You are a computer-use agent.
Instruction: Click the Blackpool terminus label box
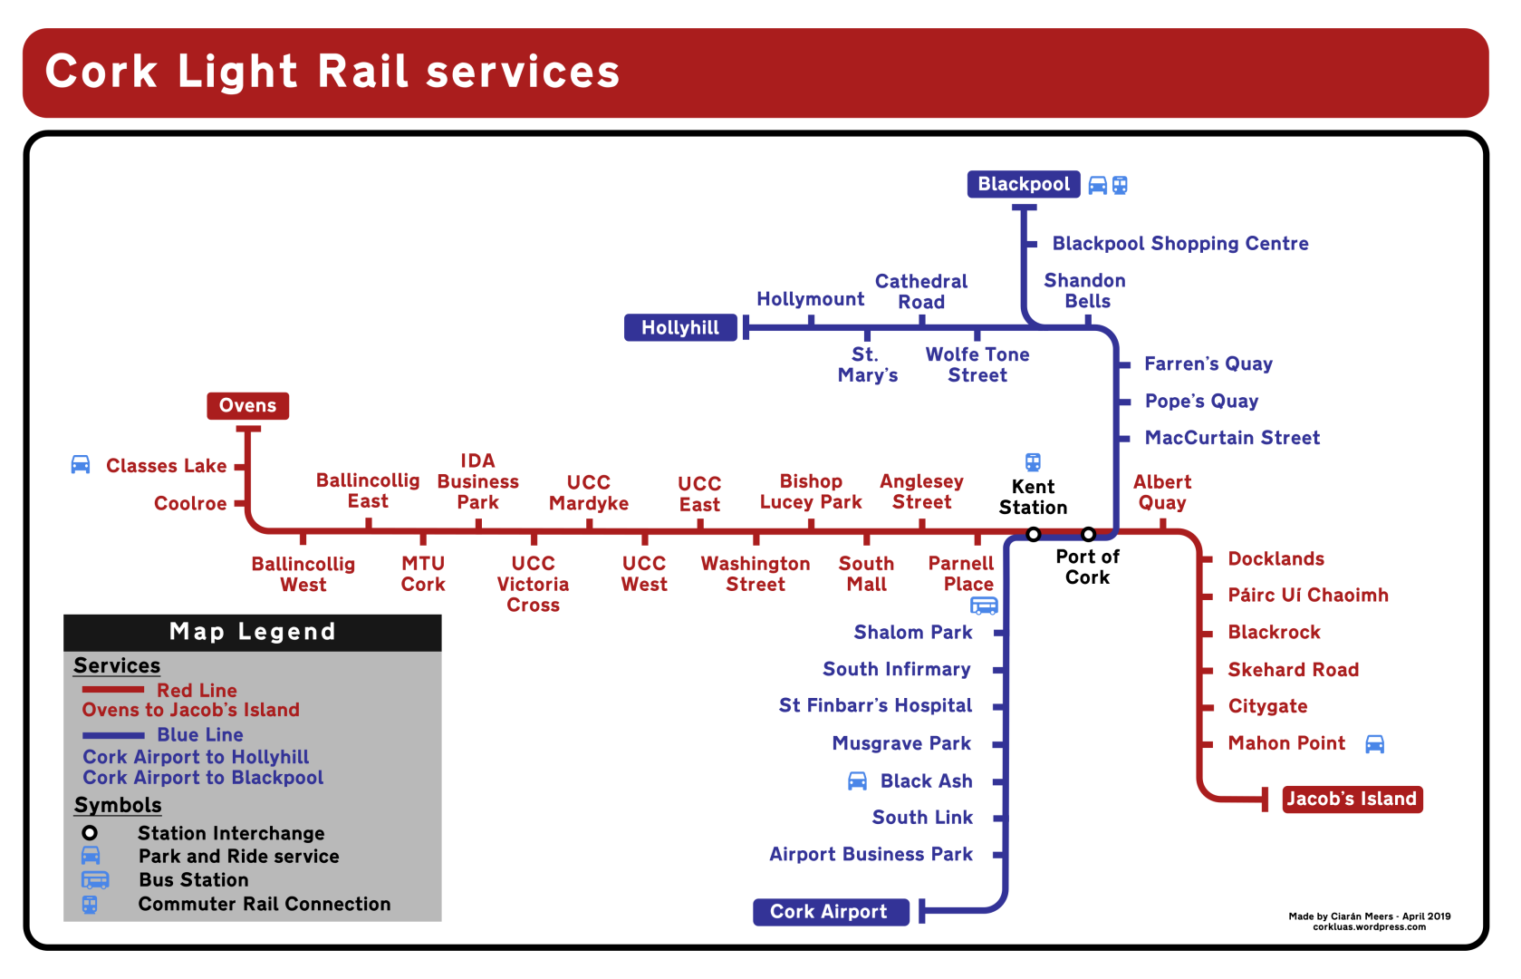(x=1023, y=184)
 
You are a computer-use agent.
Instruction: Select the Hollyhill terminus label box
(x=679, y=327)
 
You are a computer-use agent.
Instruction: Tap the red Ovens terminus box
(x=247, y=405)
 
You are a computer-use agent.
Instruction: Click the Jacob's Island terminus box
(x=1351, y=799)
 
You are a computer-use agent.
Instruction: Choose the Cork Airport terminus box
(x=829, y=912)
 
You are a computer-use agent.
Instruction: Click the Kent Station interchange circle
(x=1033, y=534)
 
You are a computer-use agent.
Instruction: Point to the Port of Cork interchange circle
(x=1088, y=534)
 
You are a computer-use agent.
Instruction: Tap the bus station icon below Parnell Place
(x=984, y=606)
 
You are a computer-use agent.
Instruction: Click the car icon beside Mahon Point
(x=1374, y=744)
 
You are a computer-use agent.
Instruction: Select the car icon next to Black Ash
(x=857, y=781)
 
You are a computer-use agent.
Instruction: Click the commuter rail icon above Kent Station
(x=1033, y=461)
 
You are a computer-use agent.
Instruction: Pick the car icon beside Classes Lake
(x=81, y=465)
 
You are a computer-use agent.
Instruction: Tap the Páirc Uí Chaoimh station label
(x=1307, y=596)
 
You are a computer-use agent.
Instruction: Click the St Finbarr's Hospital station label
(x=875, y=705)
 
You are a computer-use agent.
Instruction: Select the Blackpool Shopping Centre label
(x=1179, y=243)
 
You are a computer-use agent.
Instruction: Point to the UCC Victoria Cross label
(x=533, y=584)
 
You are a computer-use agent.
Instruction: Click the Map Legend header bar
(x=252, y=632)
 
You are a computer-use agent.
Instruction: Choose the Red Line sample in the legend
(x=113, y=690)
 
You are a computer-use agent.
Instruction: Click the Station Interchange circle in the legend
(x=90, y=832)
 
